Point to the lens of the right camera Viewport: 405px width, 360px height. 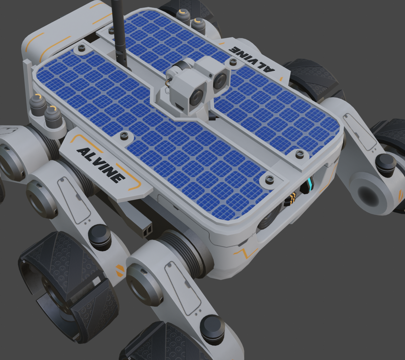(x=220, y=73)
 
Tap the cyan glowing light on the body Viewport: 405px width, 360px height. (x=310, y=185)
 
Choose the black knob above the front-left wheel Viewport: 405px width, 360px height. (x=99, y=237)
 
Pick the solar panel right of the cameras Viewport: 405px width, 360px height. (x=270, y=115)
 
